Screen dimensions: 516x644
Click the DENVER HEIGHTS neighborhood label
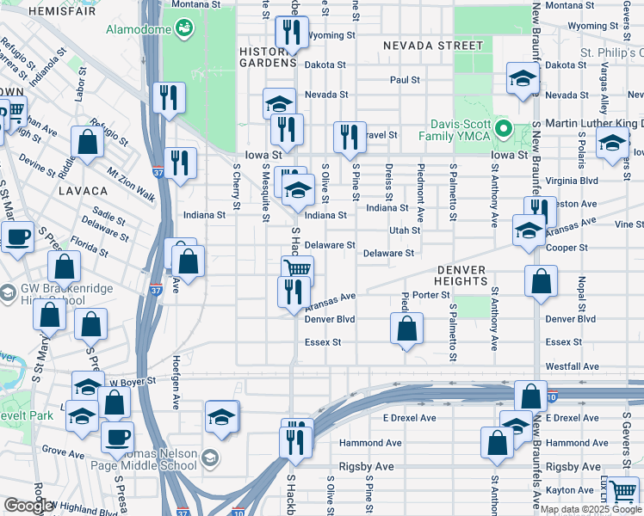point(461,275)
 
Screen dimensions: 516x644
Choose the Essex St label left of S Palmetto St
point(323,342)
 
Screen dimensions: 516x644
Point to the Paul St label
point(404,80)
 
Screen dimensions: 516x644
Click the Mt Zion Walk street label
point(132,184)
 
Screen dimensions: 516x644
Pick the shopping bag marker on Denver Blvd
point(406,329)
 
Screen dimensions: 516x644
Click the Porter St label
point(431,295)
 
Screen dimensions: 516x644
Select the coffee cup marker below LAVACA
point(17,236)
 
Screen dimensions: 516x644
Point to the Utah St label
point(404,230)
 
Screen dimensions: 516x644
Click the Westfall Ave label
point(572,366)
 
